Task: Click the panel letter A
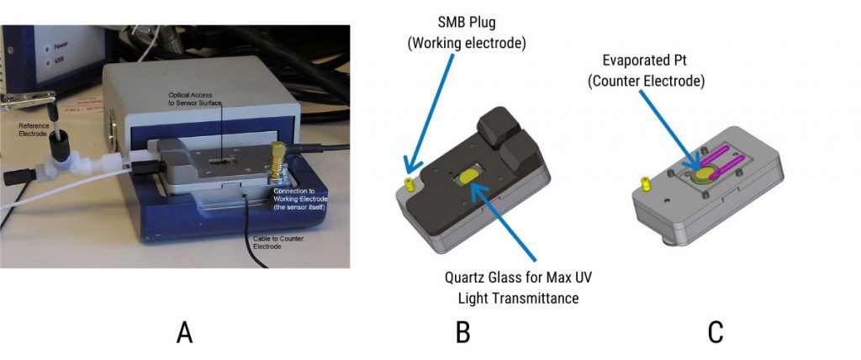pyautogui.click(x=185, y=334)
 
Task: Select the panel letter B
pyautogui.click(x=462, y=334)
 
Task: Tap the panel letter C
pyautogui.click(x=716, y=334)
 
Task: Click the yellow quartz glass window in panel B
pyautogui.click(x=467, y=176)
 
